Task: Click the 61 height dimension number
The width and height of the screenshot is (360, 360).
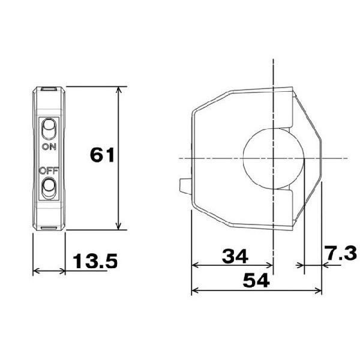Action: tap(102, 155)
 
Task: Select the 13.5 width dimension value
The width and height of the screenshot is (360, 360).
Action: tap(95, 261)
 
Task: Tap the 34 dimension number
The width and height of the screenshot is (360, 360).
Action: tap(235, 256)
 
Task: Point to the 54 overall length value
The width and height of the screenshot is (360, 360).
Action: tap(256, 280)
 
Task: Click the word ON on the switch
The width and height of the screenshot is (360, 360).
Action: tap(49, 147)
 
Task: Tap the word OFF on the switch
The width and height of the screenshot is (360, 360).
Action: tap(49, 171)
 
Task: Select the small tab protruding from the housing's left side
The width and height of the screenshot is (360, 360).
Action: tap(185, 187)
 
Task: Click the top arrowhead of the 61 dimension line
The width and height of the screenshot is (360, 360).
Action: tap(118, 90)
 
